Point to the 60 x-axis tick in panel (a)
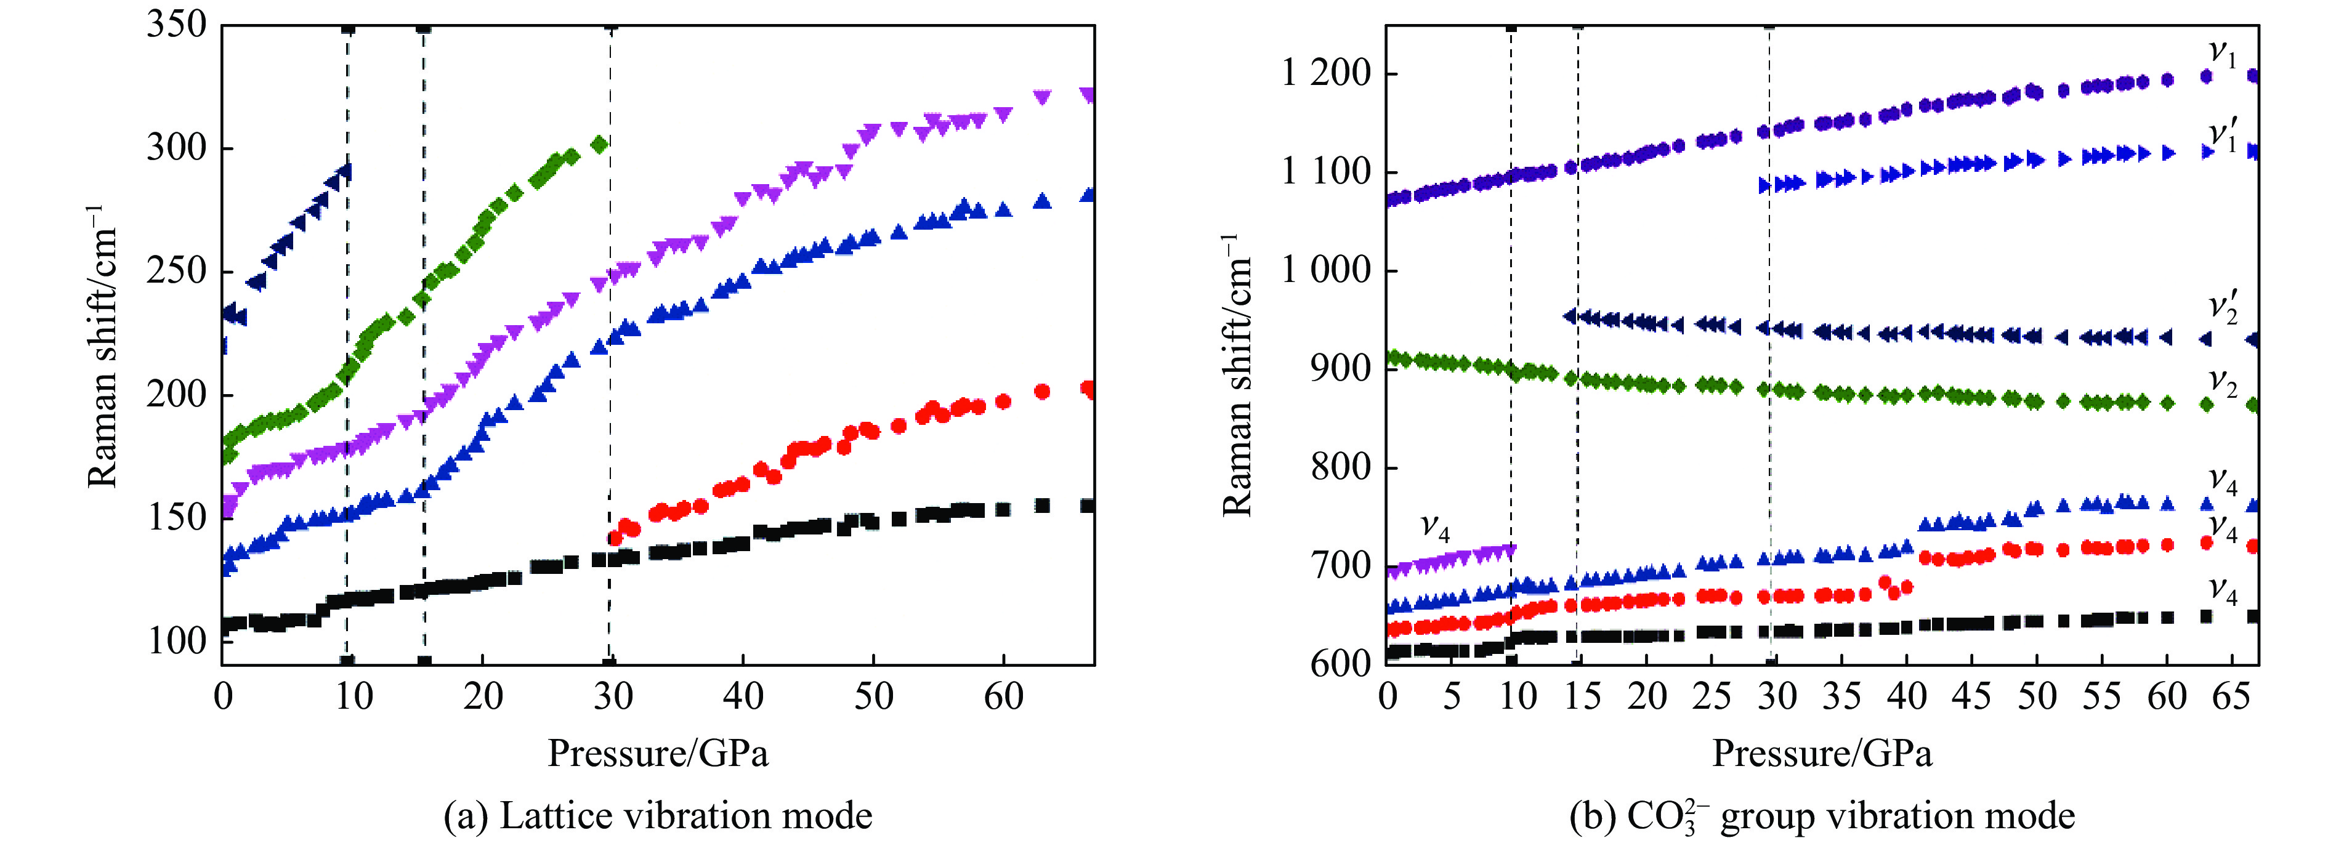tap(1003, 696)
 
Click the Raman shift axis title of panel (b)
tap(1237, 375)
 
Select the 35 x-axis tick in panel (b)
tap(1841, 696)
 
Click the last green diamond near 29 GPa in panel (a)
tap(598, 143)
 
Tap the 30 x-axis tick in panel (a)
tap(613, 696)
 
